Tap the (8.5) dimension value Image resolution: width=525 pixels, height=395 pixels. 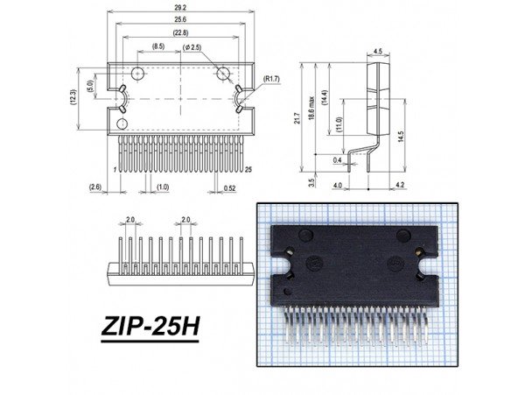(157, 46)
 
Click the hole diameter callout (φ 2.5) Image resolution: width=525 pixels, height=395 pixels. (192, 46)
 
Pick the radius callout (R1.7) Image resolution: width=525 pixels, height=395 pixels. (272, 80)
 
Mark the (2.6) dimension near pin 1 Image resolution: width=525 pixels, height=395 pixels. (95, 187)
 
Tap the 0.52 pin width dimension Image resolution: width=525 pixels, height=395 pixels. (229, 187)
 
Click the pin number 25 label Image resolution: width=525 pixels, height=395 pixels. (248, 168)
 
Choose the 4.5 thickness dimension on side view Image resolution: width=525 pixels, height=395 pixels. (378, 52)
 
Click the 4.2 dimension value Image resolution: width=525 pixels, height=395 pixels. (399, 186)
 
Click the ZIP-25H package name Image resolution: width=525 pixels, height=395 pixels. (150, 328)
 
